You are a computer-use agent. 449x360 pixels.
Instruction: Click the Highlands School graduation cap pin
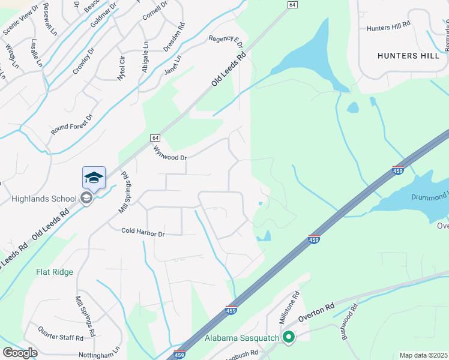click(x=94, y=178)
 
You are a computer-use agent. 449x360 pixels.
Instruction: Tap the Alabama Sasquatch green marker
click(x=289, y=338)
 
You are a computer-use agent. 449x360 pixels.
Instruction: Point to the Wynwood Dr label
click(x=170, y=153)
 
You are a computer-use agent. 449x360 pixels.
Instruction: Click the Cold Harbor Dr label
click(x=143, y=231)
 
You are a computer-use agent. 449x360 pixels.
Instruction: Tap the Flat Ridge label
click(x=54, y=272)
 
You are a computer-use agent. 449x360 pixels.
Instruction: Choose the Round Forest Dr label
click(x=73, y=125)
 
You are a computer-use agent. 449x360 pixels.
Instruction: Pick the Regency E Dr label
click(x=226, y=42)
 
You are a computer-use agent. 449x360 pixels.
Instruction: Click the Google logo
click(x=20, y=352)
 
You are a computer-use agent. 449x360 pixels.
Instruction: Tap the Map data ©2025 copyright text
click(x=423, y=355)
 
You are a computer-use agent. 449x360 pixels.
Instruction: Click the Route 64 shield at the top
click(x=292, y=4)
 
